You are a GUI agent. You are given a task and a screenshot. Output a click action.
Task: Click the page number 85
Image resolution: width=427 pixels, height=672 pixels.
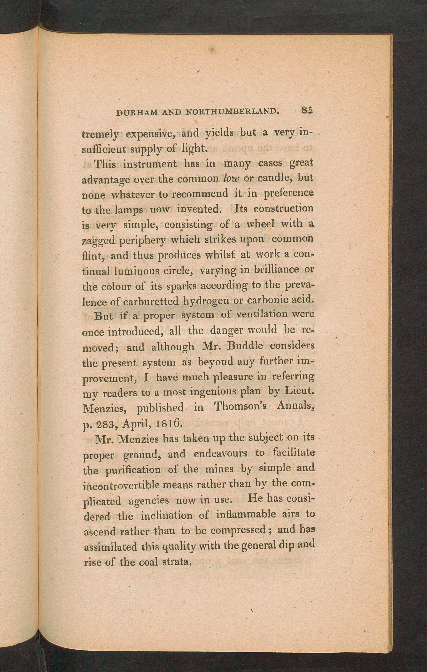tap(307, 110)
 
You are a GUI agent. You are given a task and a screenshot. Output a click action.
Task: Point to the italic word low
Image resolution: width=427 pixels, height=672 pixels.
tap(231, 178)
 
